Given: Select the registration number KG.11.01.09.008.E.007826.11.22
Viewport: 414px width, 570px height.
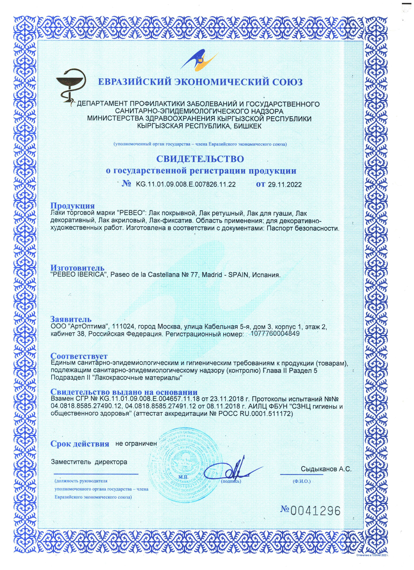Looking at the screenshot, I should click(x=186, y=184).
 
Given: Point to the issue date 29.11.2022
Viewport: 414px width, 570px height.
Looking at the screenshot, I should click(x=285, y=185).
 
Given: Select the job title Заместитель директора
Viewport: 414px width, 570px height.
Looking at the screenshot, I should click(x=89, y=462).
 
